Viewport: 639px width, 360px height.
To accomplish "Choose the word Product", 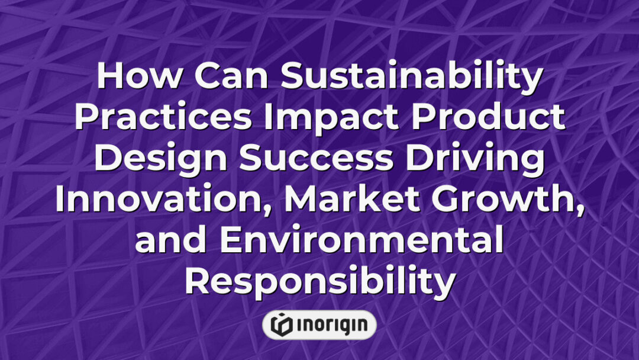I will [490, 118].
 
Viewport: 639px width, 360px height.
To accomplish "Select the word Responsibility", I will [319, 281].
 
